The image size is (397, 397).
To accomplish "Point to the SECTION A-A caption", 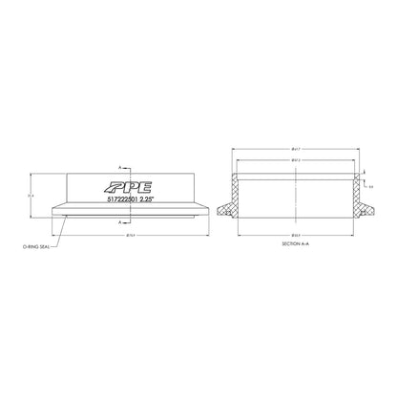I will (296, 245).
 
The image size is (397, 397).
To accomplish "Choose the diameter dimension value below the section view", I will (296, 234).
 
